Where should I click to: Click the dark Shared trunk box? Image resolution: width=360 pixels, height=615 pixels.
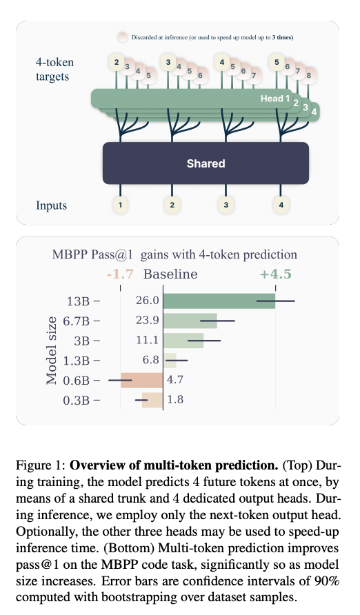pos(206,163)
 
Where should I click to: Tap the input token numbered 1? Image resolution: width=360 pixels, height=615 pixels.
pos(121,205)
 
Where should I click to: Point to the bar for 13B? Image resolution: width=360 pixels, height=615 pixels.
pos(219,301)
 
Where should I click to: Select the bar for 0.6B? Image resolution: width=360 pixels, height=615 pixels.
pos(141,379)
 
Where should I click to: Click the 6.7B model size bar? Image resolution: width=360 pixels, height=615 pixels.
pos(190,321)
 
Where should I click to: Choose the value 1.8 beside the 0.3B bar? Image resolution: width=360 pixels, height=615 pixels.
pos(175,399)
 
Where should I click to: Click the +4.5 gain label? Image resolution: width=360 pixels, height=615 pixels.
pos(275,274)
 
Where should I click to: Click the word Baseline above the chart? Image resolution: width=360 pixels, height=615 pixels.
pos(170,274)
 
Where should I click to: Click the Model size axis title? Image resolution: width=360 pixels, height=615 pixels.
pos(52,350)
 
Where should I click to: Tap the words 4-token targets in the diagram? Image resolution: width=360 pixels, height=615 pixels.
pos(55,69)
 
